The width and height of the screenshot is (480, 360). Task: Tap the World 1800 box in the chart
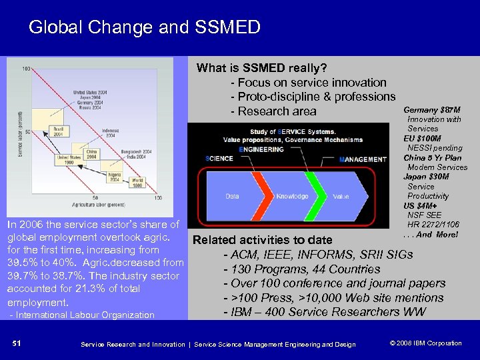tap(137, 183)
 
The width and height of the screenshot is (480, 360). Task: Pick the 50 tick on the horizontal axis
tap(95, 197)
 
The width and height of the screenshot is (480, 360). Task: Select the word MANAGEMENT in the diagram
tap(363, 159)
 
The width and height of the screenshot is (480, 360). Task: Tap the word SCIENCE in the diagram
tap(219, 159)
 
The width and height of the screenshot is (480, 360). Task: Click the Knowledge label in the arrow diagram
tap(292, 197)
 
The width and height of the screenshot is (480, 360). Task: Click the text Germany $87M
tap(432, 109)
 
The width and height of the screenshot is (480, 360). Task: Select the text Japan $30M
tap(426, 177)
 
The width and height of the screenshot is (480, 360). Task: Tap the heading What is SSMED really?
tap(261, 68)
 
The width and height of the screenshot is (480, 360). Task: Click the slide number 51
tap(17, 343)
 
